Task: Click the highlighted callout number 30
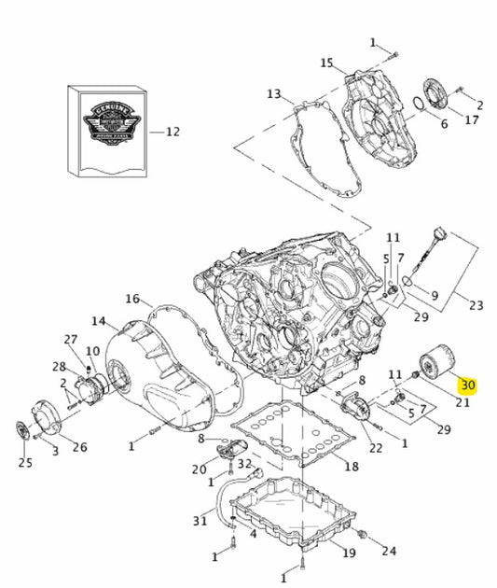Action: tap(468, 385)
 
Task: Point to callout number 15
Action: tap(326, 63)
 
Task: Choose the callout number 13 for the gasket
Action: tap(273, 94)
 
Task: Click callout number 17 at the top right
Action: tap(472, 119)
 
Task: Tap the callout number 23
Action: tap(476, 304)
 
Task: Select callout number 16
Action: tap(132, 300)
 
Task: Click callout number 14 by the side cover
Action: tap(99, 322)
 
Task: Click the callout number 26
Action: tap(80, 447)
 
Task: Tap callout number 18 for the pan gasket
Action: tap(351, 466)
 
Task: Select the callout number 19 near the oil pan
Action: tap(349, 553)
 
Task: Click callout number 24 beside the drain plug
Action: tap(389, 551)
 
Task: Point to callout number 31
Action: tap(200, 520)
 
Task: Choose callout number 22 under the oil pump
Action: tap(375, 448)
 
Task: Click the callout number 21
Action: tap(462, 402)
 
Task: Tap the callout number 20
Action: tap(198, 469)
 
